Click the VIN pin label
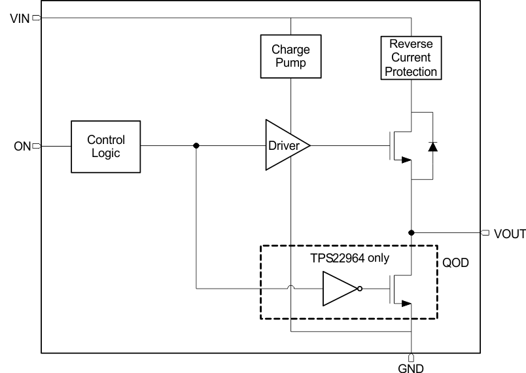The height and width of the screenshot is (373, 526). (x=20, y=18)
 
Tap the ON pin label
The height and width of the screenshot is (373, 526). (x=22, y=147)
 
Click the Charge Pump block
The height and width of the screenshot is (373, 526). (x=290, y=56)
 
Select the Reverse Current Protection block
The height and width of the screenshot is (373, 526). (x=410, y=58)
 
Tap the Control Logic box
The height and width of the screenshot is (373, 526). (x=105, y=146)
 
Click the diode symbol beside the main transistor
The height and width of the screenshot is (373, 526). (x=432, y=146)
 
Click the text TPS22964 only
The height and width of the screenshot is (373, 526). (x=349, y=258)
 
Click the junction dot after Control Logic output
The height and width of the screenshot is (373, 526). (x=196, y=146)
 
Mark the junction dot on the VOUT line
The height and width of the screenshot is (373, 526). (x=411, y=232)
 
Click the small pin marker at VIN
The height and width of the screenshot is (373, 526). (x=37, y=18)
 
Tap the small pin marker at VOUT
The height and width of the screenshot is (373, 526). (x=484, y=232)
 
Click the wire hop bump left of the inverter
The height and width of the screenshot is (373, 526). (x=290, y=287)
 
